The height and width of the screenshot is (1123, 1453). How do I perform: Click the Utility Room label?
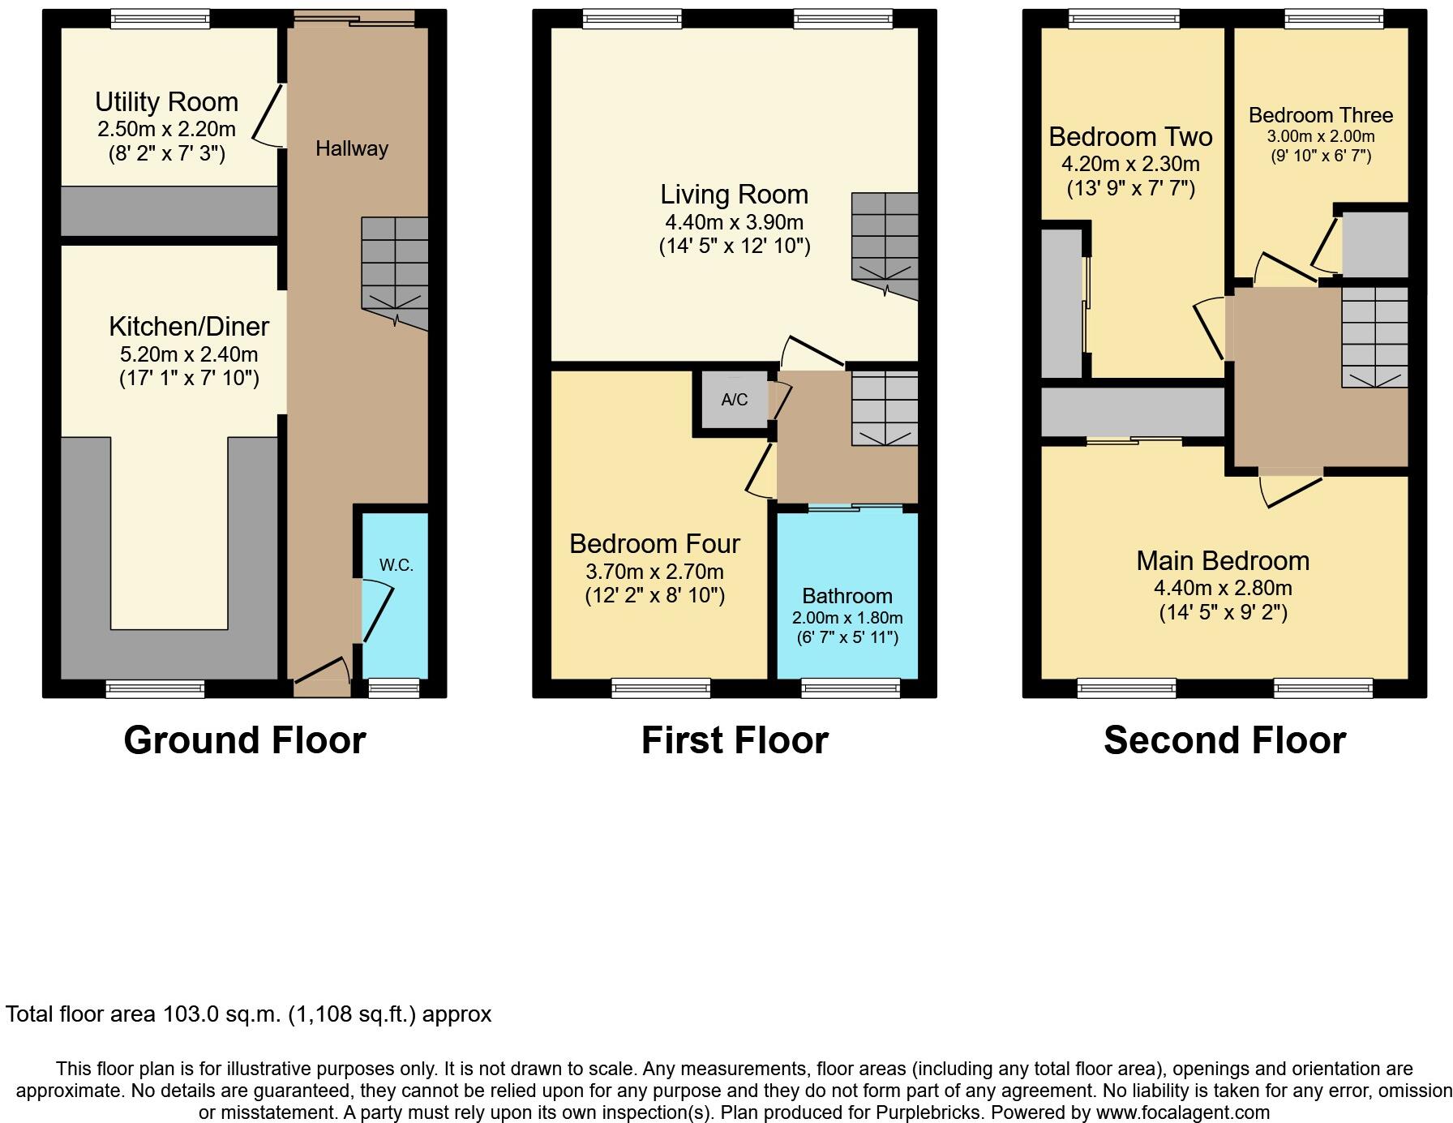(x=166, y=102)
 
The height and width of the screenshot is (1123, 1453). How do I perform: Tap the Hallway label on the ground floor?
(x=351, y=149)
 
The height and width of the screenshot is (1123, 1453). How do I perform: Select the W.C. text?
(x=396, y=565)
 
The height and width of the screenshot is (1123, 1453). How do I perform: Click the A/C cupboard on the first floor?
(x=735, y=400)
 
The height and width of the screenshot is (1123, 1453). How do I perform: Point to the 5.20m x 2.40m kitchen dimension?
(x=189, y=354)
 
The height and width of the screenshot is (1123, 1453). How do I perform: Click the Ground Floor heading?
(x=244, y=740)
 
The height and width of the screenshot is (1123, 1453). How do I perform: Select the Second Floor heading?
(x=1224, y=740)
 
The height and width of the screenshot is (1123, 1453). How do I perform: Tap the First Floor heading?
(x=735, y=740)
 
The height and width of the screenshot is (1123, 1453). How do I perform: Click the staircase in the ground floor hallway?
(x=394, y=272)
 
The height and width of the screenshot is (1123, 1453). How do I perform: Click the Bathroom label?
(x=847, y=596)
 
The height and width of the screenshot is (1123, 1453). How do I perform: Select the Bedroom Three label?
(x=1320, y=115)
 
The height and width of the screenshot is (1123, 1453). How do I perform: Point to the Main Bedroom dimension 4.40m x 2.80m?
(x=1223, y=588)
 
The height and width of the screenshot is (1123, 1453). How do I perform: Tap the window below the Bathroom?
(x=850, y=688)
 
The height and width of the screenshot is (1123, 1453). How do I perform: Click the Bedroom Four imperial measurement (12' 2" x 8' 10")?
(x=654, y=596)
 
